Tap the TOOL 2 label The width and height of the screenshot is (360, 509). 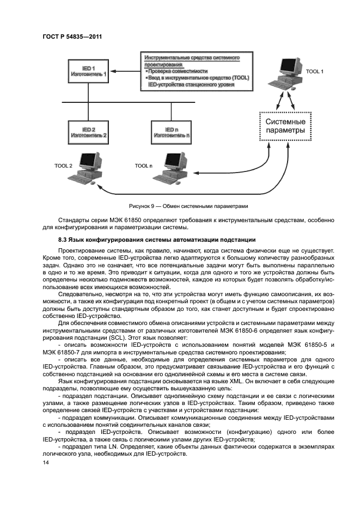click(x=63, y=164)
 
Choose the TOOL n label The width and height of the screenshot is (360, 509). click(x=143, y=164)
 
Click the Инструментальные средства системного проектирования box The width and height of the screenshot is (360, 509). click(x=196, y=71)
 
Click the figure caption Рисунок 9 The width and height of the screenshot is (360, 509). click(x=188, y=206)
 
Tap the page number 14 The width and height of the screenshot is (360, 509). click(x=46, y=462)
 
